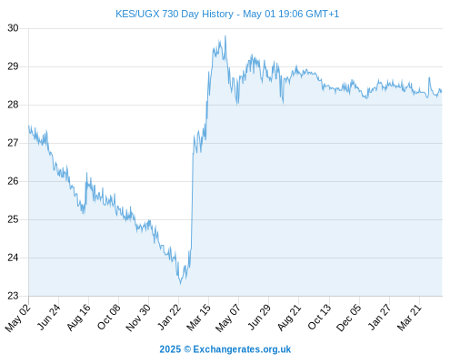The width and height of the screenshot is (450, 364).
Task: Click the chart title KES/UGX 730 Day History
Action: coord(175,14)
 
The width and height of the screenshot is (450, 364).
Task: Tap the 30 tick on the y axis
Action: coord(13,28)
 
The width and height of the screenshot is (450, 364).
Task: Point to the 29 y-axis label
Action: coord(13,66)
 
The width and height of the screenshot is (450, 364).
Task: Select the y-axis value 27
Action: coord(13,143)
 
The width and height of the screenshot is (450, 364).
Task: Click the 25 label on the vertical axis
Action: coord(13,219)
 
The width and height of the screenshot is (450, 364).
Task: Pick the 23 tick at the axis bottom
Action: coord(13,296)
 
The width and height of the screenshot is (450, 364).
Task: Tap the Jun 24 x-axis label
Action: coord(48,317)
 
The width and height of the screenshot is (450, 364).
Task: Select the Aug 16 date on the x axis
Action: coord(78,318)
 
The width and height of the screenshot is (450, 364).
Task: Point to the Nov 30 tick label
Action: coord(138,318)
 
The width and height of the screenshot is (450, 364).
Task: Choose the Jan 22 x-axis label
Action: coord(169,317)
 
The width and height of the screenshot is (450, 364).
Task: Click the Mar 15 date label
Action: coord(198,318)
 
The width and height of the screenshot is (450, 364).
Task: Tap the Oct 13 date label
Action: coord(319,317)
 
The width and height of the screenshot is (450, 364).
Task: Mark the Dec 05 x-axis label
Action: coord(349,318)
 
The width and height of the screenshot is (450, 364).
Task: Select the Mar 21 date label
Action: coord(409,318)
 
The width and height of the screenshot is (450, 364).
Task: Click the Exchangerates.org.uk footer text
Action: coord(242,349)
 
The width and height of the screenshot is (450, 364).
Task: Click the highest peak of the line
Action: coord(225,36)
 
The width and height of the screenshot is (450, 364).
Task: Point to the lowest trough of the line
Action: coord(180,284)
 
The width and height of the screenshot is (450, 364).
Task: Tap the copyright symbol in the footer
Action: coord(187,349)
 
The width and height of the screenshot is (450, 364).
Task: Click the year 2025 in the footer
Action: coord(170,349)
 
